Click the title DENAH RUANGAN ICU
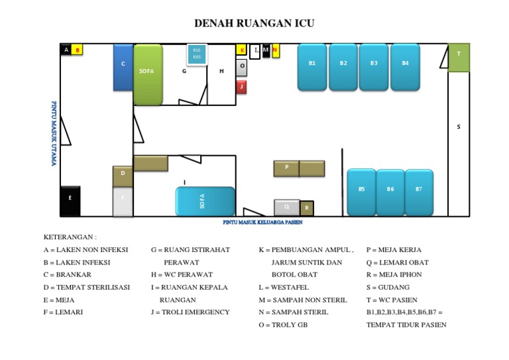pyautogui.click(x=254, y=24)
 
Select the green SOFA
pyautogui.click(x=148, y=74)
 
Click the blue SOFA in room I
pyautogui.click(x=205, y=202)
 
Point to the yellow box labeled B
pyautogui.click(x=77, y=50)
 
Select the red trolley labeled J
pyautogui.click(x=242, y=87)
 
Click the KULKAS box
pyautogui.click(x=197, y=54)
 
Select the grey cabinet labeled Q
pyautogui.click(x=287, y=208)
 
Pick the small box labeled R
pyautogui.click(x=307, y=209)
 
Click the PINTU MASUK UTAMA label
pyautogui.click(x=54, y=133)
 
